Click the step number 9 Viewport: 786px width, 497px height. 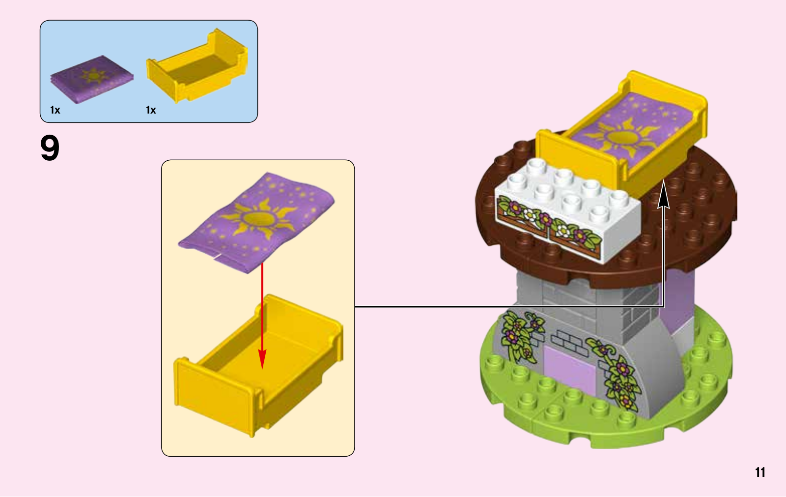pyautogui.click(x=50, y=148)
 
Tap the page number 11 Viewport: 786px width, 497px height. pyautogui.click(x=760, y=472)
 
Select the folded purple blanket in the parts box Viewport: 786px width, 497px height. pyautogui.click(x=91, y=79)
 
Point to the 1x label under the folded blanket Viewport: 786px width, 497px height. pyautogui.click(x=55, y=110)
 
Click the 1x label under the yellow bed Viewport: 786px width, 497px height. pyautogui.click(x=151, y=110)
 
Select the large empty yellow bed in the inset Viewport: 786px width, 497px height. pyautogui.click(x=258, y=364)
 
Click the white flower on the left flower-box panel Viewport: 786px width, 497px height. pyautogui.click(x=530, y=214)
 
